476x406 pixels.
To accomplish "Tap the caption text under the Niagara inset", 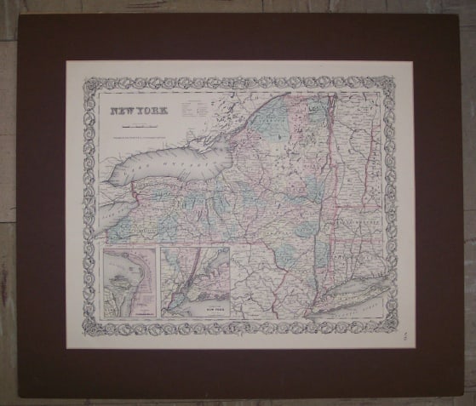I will [128, 313].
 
